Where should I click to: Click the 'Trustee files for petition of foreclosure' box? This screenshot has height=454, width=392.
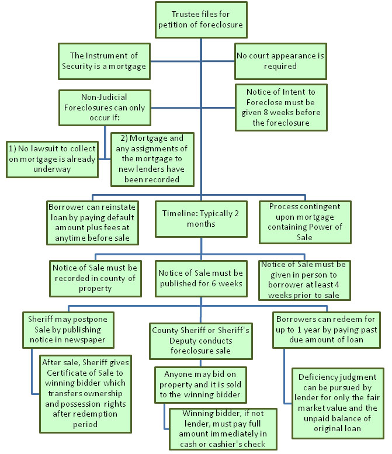201,20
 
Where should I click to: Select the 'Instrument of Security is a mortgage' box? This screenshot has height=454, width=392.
104,61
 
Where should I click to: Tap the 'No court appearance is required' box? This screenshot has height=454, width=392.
280,61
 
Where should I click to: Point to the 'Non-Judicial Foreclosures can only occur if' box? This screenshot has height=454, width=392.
105,108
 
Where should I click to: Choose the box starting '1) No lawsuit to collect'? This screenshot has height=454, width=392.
53,160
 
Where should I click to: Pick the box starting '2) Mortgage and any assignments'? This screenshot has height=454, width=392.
152,160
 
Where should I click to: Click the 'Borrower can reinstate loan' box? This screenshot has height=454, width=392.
93,223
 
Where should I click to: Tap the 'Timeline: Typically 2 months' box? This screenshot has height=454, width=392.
201,219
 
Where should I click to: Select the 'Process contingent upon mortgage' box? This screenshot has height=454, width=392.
305,222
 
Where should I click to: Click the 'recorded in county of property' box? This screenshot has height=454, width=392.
96,279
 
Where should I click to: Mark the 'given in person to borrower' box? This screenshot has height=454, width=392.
304,280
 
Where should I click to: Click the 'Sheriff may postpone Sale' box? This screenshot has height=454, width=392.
68,330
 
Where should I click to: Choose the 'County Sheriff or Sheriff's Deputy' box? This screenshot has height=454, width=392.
201,341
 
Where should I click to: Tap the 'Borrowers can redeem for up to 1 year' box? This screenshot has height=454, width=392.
327,330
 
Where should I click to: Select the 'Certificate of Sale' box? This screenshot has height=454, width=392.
86,394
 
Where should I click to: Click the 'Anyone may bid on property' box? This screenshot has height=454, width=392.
200,385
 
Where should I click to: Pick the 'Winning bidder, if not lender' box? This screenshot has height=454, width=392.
223,429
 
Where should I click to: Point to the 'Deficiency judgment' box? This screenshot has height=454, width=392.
338,403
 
